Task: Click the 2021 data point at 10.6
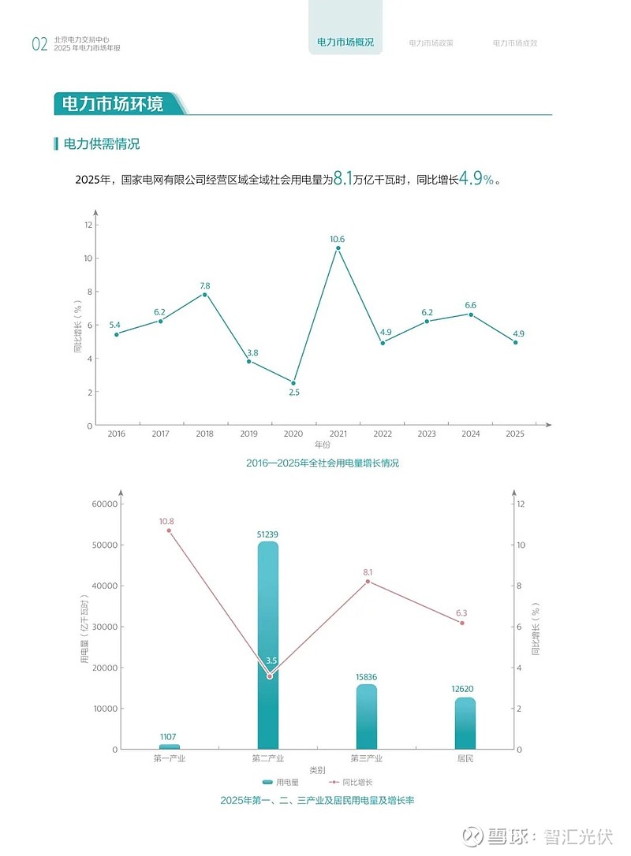pyautogui.click(x=338, y=247)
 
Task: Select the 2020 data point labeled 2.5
pyautogui.click(x=293, y=383)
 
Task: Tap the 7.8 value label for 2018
pyautogui.click(x=205, y=285)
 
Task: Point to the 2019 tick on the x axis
pyautogui.click(x=248, y=434)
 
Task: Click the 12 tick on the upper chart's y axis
pyautogui.click(x=88, y=225)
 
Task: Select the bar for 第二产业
pyautogui.click(x=267, y=645)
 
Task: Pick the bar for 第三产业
pyautogui.click(x=367, y=716)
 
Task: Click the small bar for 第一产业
pyautogui.click(x=170, y=746)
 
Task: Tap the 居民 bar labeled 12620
pyautogui.click(x=465, y=723)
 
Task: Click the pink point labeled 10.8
pyautogui.click(x=169, y=530)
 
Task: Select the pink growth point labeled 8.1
pyautogui.click(x=368, y=582)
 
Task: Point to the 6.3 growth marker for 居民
pyautogui.click(x=462, y=623)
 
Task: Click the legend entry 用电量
pyautogui.click(x=281, y=782)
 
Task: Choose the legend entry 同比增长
pyautogui.click(x=351, y=782)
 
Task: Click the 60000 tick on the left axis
pyautogui.click(x=104, y=504)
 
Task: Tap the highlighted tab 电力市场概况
pyautogui.click(x=345, y=42)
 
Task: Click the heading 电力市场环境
pyautogui.click(x=113, y=104)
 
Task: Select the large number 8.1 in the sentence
pyautogui.click(x=342, y=178)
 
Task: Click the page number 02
pyautogui.click(x=40, y=44)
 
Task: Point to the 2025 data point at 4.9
pyautogui.click(x=515, y=342)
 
